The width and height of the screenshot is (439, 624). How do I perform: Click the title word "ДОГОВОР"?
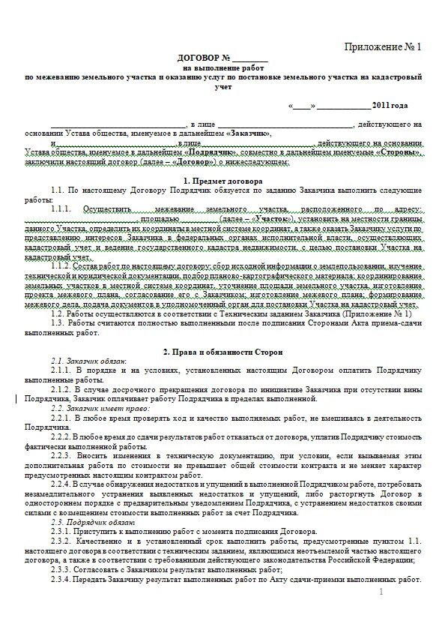click(196, 58)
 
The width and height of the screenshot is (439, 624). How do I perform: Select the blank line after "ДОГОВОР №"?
click(249, 58)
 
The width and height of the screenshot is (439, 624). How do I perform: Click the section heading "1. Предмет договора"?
click(222, 181)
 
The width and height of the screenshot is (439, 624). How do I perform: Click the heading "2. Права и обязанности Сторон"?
click(222, 351)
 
